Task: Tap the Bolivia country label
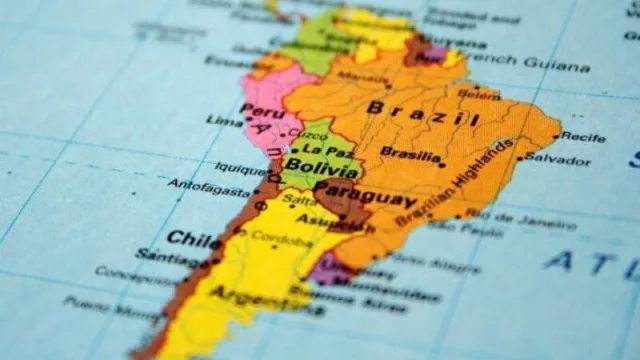point(312,167)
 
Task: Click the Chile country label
point(180,239)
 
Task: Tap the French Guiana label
point(541,63)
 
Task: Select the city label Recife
point(583,136)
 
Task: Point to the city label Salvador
point(558,158)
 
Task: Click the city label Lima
point(224,121)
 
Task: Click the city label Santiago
point(162,256)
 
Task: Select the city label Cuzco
point(312,134)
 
